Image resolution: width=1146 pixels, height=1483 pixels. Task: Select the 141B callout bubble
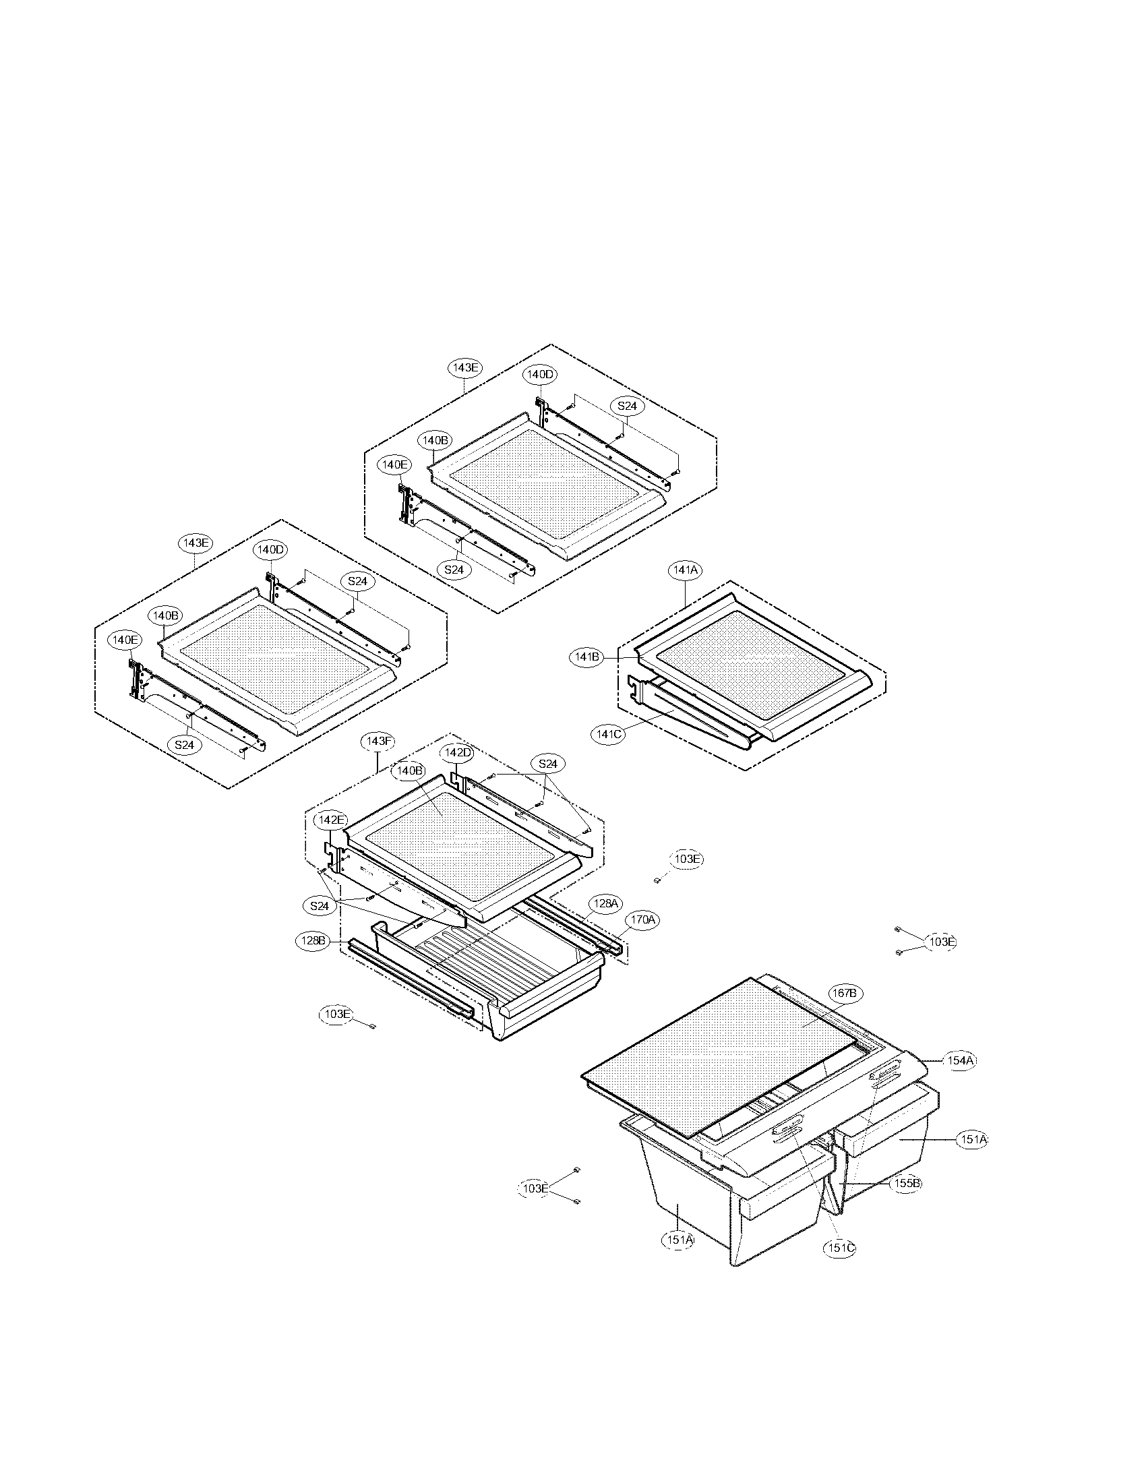click(586, 657)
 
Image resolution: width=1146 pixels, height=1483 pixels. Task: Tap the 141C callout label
click(607, 734)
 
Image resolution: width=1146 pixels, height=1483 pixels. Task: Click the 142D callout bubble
click(458, 752)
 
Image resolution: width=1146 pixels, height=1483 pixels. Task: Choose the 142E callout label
click(330, 820)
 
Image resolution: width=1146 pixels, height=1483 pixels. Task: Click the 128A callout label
click(603, 903)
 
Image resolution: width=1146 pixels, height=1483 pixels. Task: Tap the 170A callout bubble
click(642, 919)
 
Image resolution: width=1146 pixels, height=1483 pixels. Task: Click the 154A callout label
click(961, 1060)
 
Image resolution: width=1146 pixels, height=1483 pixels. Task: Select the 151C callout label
click(839, 1248)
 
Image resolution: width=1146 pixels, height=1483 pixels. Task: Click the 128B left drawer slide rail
click(407, 977)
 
